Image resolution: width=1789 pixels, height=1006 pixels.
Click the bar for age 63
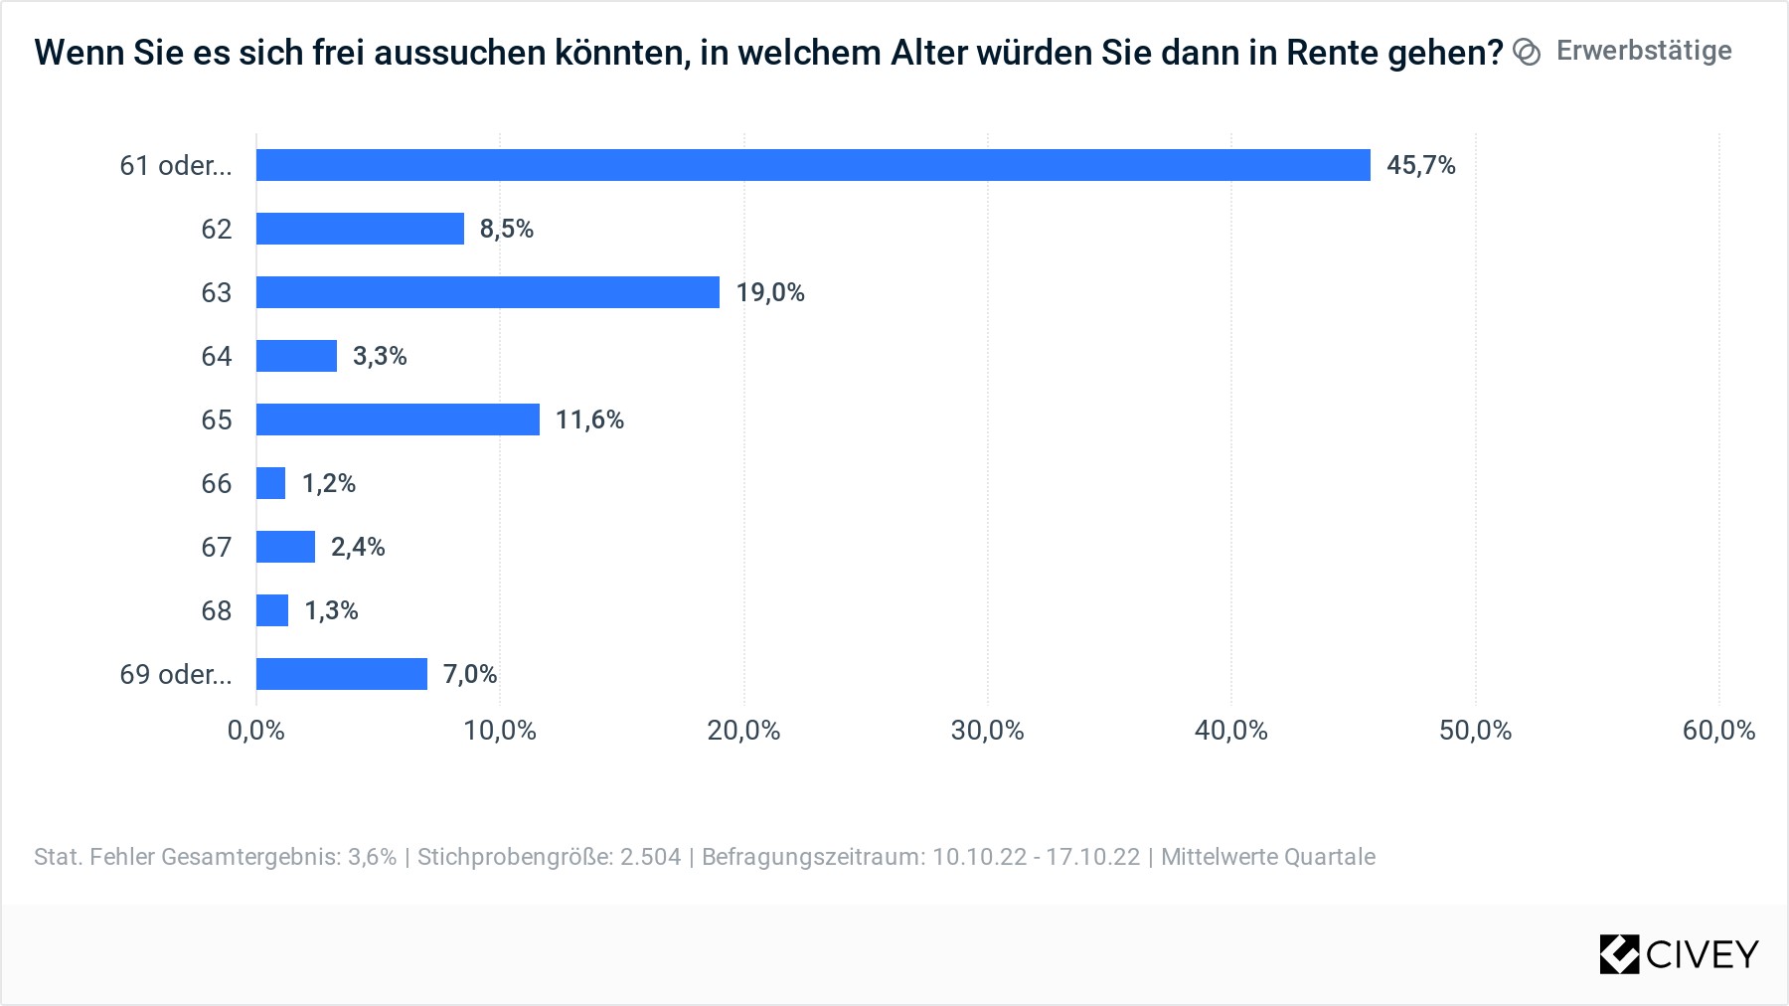click(x=487, y=292)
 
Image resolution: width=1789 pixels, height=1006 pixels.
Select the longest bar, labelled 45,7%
click(x=813, y=165)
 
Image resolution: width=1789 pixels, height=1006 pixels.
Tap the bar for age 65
click(x=398, y=419)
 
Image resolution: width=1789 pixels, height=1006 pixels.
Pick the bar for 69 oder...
click(x=341, y=674)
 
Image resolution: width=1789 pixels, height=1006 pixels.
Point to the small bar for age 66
click(x=270, y=483)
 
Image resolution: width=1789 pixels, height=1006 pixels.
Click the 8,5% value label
click(x=507, y=229)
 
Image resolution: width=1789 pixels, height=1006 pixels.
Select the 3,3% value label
click(x=380, y=356)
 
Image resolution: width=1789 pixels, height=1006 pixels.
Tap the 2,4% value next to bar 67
click(x=358, y=547)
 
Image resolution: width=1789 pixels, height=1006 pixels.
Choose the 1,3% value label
click(x=331, y=610)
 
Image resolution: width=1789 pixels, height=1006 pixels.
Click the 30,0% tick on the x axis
click(x=987, y=731)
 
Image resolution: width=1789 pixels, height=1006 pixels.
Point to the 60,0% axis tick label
click(x=1718, y=731)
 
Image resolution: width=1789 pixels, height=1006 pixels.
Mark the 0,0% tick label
click(x=256, y=731)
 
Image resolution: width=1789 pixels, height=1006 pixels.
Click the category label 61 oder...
click(x=176, y=165)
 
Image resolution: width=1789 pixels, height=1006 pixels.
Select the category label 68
click(x=216, y=610)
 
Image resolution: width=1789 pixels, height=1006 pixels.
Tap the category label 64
click(x=216, y=356)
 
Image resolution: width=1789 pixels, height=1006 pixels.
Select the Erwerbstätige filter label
click(x=1644, y=51)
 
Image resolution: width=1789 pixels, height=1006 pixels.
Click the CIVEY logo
click(x=1679, y=954)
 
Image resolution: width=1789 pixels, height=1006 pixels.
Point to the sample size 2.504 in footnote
click(x=651, y=857)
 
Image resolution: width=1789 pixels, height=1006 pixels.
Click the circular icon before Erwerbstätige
click(x=1527, y=52)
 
